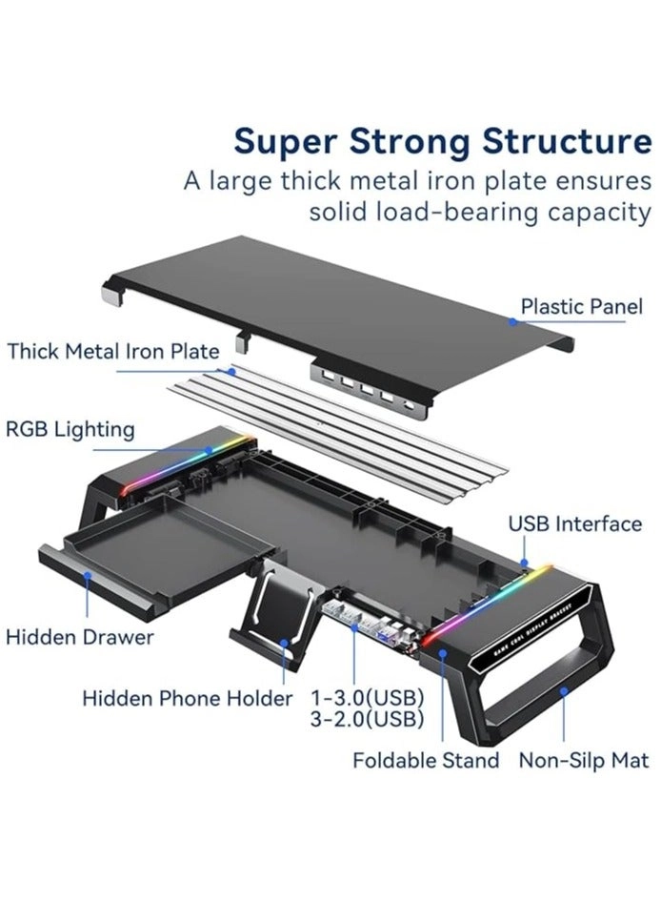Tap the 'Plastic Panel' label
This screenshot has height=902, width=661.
coord(581,307)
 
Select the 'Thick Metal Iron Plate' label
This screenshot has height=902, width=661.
coord(113,351)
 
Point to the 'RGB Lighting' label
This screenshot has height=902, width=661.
coord(70,429)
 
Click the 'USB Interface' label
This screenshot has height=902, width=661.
coord(574,523)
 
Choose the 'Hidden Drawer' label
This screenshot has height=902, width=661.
coord(80,636)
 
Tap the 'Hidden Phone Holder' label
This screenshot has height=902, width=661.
coord(187,698)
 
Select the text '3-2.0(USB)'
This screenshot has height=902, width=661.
coord(367,719)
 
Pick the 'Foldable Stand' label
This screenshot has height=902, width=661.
coord(426,760)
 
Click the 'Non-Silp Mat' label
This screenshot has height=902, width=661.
coord(582,760)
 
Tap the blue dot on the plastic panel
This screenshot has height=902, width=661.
coord(512,321)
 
